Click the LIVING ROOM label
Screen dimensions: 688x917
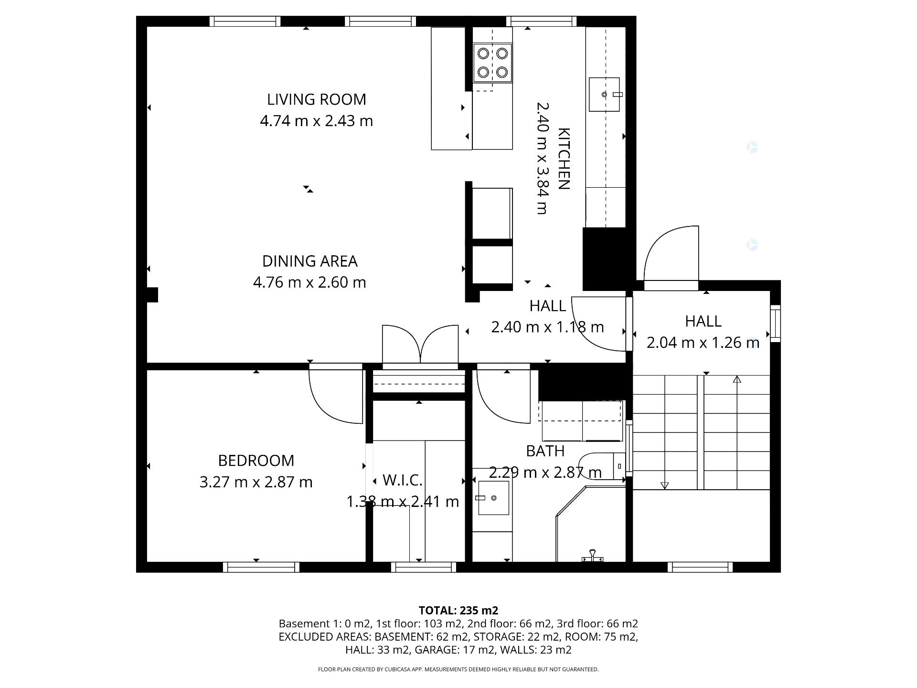pyautogui.click(x=316, y=99)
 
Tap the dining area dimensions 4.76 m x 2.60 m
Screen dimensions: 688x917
pyautogui.click(x=309, y=282)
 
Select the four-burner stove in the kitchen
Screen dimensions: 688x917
pyautogui.click(x=492, y=62)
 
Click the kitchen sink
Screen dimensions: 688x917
pyautogui.click(x=604, y=95)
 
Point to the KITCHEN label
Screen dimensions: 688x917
pyautogui.click(x=564, y=159)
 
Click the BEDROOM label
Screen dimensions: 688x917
pyautogui.click(x=256, y=461)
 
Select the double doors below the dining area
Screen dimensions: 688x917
pyautogui.click(x=420, y=345)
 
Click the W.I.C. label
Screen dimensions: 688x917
pyautogui.click(x=402, y=480)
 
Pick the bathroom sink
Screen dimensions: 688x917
pyautogui.click(x=493, y=498)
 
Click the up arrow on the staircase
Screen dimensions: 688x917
pyautogui.click(x=737, y=380)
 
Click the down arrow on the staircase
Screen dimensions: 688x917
pyautogui.click(x=664, y=485)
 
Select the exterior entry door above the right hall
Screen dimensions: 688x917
pyautogui.click(x=671, y=258)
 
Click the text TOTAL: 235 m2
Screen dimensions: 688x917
pyautogui.click(x=458, y=610)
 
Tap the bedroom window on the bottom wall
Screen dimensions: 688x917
pyautogui.click(x=261, y=567)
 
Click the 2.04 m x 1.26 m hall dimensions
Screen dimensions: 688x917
pyautogui.click(x=703, y=343)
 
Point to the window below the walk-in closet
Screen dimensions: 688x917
pyautogui.click(x=423, y=567)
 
